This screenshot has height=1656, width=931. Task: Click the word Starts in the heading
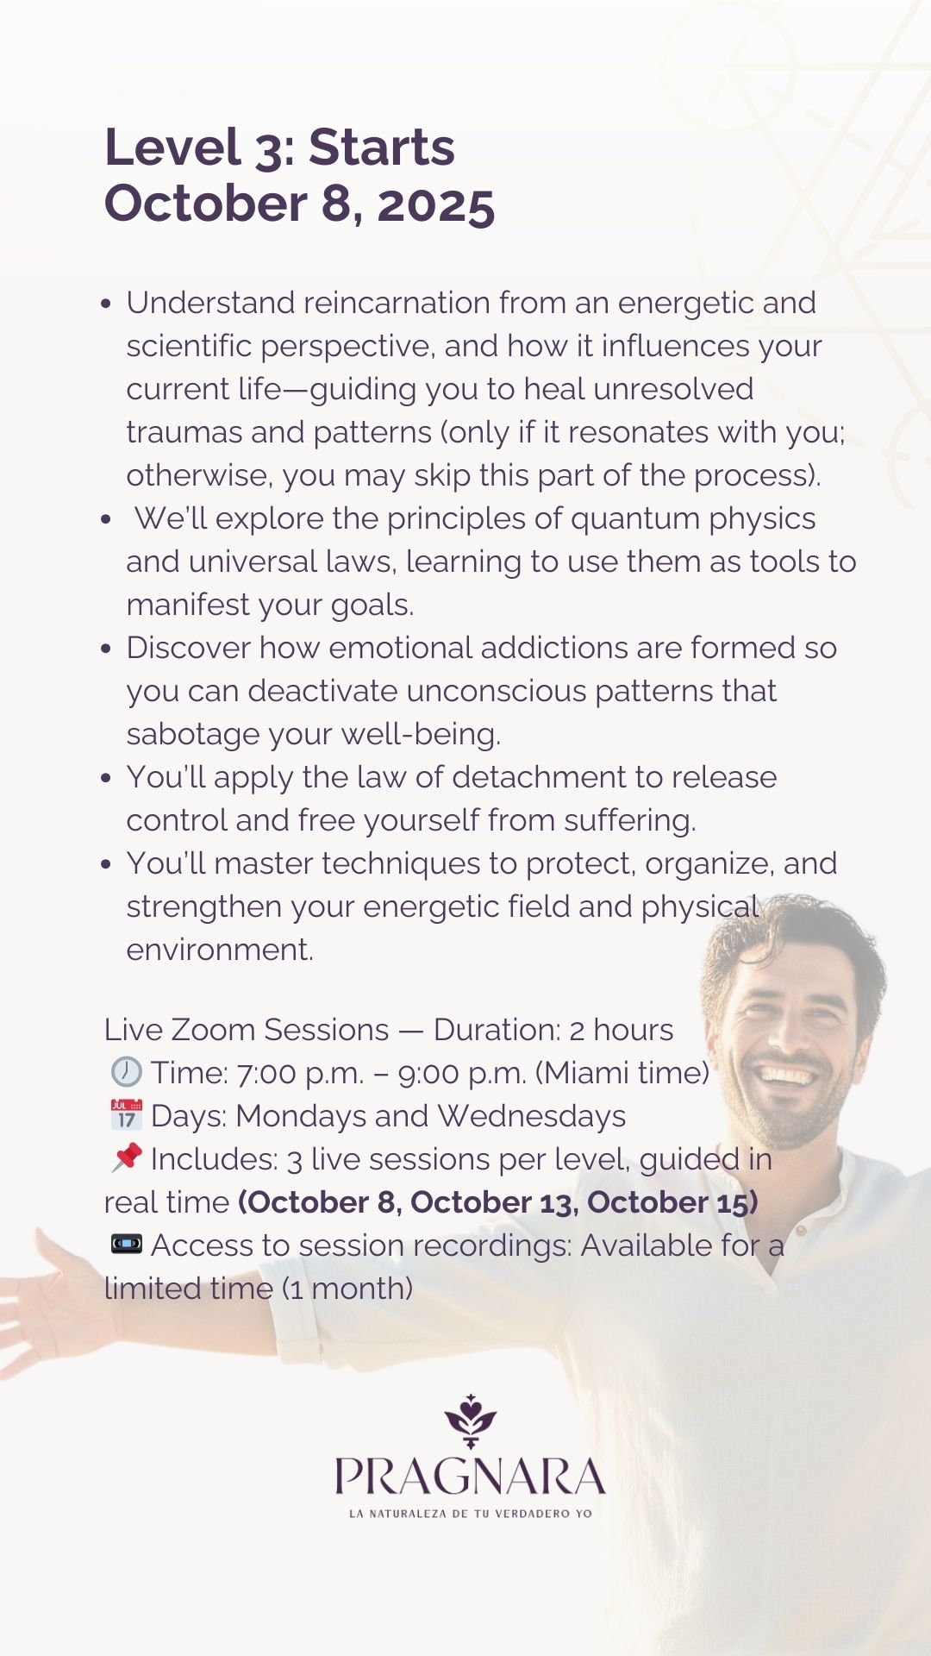381,147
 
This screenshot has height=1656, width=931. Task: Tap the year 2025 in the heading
436,204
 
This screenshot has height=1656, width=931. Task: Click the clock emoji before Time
126,1071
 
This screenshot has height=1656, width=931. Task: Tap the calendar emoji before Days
126,1114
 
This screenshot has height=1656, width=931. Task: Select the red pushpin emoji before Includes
126,1157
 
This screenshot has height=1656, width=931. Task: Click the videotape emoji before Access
126,1244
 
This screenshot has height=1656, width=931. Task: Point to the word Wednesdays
531,1116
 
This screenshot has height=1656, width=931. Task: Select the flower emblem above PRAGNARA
470,1421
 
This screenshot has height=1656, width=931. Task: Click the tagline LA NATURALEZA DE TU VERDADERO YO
470,1513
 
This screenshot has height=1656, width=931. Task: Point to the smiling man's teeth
784,1076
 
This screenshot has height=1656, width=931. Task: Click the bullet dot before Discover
106,649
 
